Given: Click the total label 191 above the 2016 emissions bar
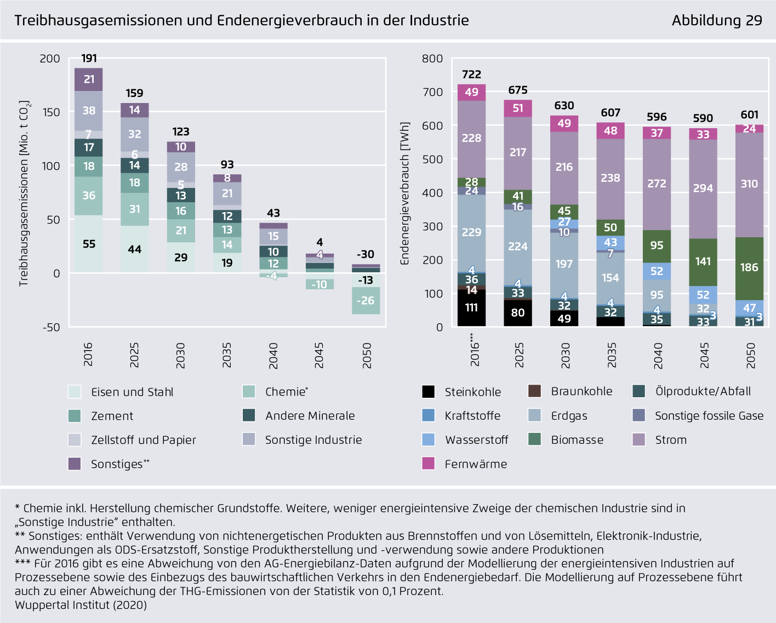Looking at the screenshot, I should [x=89, y=59].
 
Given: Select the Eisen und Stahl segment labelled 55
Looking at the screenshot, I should [x=89, y=244].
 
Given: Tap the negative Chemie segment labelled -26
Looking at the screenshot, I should [x=366, y=300].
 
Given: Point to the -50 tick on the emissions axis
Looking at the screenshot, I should [x=50, y=327].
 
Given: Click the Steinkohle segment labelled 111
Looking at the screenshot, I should [x=471, y=308].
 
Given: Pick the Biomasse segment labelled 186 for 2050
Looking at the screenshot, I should [x=749, y=267].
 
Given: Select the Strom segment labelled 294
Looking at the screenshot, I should [x=703, y=188].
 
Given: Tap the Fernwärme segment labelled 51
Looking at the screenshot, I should [x=518, y=108].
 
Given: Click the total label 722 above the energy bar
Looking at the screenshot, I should [x=471, y=75].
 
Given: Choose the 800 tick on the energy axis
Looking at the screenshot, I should [x=432, y=59].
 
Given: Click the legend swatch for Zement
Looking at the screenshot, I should [x=75, y=416].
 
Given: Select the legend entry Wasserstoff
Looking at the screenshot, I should [x=476, y=440].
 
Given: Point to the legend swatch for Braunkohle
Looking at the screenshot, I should [x=534, y=391].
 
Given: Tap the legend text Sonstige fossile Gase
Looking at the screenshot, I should [x=709, y=416].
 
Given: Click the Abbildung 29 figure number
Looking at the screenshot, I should [x=717, y=20].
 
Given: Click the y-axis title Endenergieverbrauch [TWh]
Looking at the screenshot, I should [x=405, y=193].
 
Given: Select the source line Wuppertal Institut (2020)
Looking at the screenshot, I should [x=81, y=605].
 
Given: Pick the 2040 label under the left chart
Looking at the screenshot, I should [x=273, y=356].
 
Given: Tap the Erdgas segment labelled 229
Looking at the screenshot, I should [x=471, y=232].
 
